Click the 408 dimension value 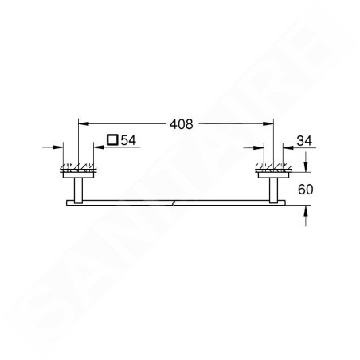pyautogui.click(x=182, y=124)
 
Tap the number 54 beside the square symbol pyautogui.click(x=128, y=140)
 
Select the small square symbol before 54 pyautogui.click(x=112, y=139)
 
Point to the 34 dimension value pyautogui.click(x=304, y=141)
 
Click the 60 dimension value pyautogui.click(x=305, y=190)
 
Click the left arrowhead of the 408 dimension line pyautogui.click(x=84, y=123)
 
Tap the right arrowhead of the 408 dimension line pyautogui.click(x=268, y=123)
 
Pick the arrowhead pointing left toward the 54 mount pyautogui.click(x=99, y=147)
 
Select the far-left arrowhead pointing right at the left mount pyautogui.click(x=58, y=147)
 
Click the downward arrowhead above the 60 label pyautogui.click(x=306, y=166)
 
